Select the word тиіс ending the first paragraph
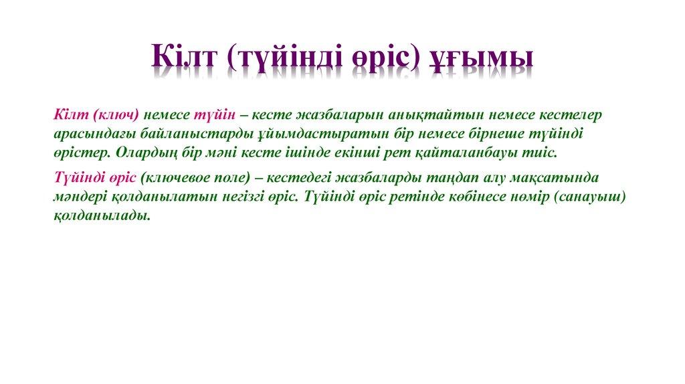[542, 152]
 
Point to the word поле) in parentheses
[231, 179]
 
